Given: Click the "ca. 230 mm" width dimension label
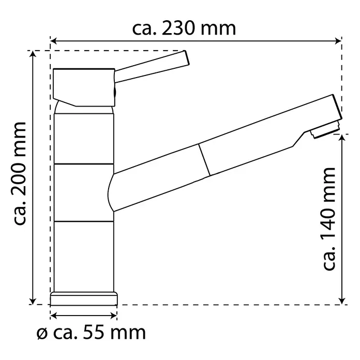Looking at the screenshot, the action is (x=184, y=29).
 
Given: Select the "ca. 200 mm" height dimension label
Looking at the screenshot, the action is (x=20, y=174).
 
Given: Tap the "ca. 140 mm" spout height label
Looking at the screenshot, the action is (x=329, y=219).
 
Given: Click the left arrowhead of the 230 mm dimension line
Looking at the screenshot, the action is (x=53, y=41).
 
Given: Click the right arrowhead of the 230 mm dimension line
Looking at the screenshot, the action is (x=339, y=41).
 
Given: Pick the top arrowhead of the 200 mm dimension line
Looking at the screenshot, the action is (x=33, y=54).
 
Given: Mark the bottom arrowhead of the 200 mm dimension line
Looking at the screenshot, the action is (x=33, y=301).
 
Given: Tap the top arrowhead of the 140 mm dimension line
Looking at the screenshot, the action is (x=342, y=138).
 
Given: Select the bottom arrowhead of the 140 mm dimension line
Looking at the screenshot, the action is (x=342, y=301).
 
